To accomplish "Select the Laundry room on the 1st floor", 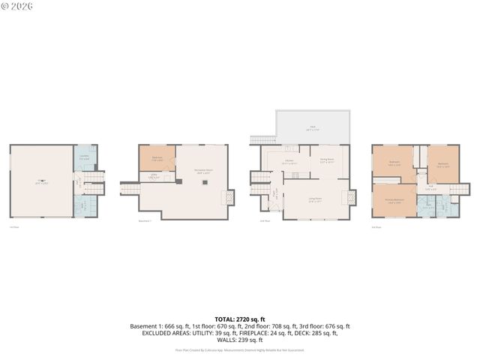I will [85, 158].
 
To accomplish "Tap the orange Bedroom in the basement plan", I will [157, 158].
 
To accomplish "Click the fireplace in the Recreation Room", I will [227, 197].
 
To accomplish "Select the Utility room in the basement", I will [153, 177].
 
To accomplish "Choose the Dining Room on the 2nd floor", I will [328, 160].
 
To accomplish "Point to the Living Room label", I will [316, 199].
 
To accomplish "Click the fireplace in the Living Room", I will [348, 197].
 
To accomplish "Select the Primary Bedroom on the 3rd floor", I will [394, 200].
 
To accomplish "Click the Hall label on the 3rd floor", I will [430, 187].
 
